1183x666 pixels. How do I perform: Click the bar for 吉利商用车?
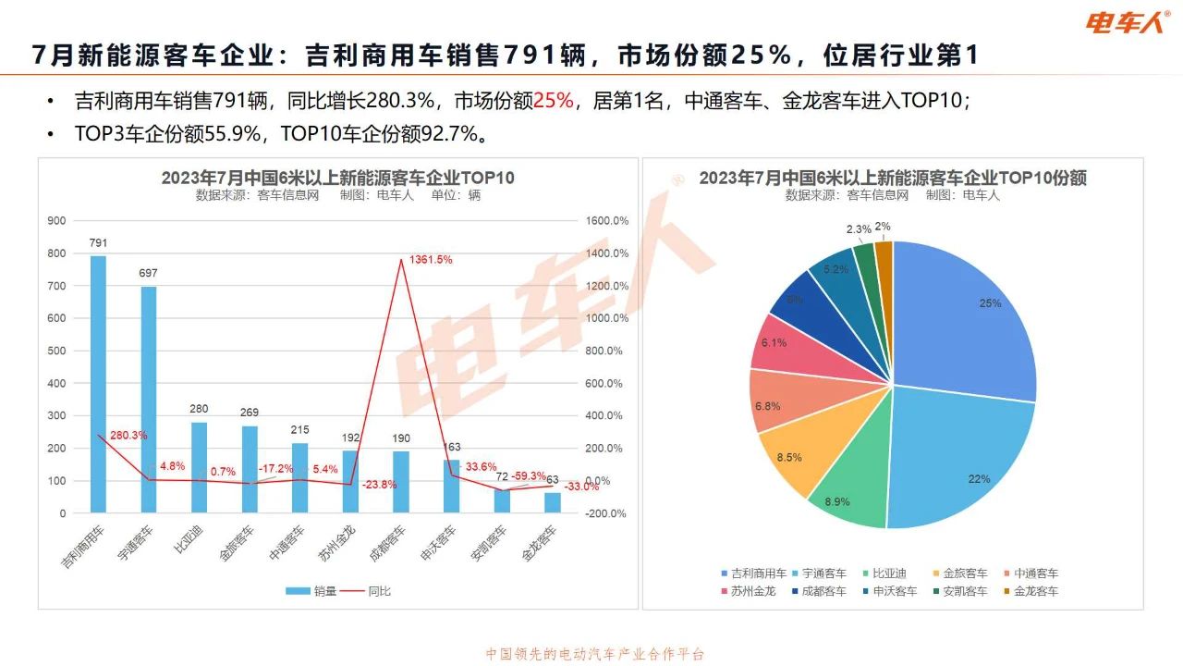[x=98, y=384]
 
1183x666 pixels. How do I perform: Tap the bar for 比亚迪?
[x=199, y=467]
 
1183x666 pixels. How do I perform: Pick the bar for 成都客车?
[x=400, y=481]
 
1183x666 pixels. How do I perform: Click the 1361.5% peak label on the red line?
[x=431, y=260]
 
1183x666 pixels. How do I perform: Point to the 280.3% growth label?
[x=128, y=435]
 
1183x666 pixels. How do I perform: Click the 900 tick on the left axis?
[x=57, y=220]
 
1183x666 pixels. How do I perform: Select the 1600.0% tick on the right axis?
[x=606, y=220]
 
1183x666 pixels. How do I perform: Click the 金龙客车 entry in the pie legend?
[x=1036, y=590]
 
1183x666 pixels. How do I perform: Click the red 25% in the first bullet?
[x=554, y=100]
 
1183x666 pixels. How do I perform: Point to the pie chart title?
[x=892, y=178]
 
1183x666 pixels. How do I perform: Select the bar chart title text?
[x=337, y=178]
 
